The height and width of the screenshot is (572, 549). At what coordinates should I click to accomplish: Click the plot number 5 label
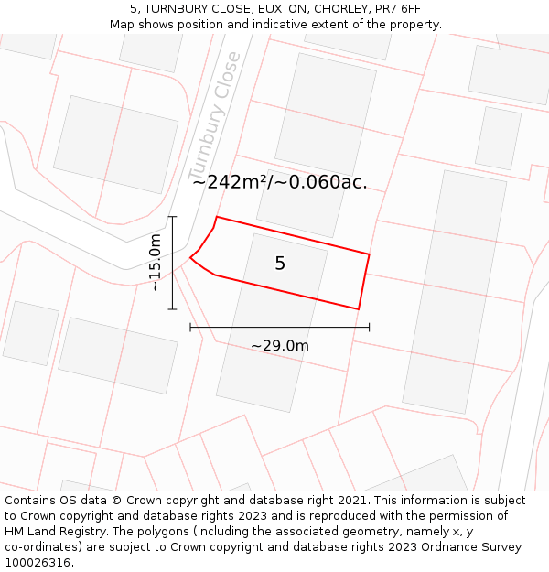[280, 264]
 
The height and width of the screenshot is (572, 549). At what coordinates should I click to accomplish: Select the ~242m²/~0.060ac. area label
[280, 181]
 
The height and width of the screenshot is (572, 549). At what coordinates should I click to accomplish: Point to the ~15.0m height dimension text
[156, 263]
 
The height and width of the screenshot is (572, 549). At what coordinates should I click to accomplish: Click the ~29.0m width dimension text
[280, 345]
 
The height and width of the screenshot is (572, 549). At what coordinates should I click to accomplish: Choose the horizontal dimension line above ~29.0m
[280, 327]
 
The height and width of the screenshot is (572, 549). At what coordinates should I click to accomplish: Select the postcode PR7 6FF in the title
[398, 8]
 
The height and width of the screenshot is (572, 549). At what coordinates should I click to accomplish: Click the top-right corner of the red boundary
[369, 254]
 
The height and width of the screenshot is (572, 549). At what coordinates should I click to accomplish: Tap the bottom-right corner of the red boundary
[358, 309]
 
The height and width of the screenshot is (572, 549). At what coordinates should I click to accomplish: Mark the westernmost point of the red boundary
[190, 258]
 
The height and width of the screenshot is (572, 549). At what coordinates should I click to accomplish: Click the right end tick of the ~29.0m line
[369, 327]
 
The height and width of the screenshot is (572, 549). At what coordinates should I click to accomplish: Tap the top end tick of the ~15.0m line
[172, 217]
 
